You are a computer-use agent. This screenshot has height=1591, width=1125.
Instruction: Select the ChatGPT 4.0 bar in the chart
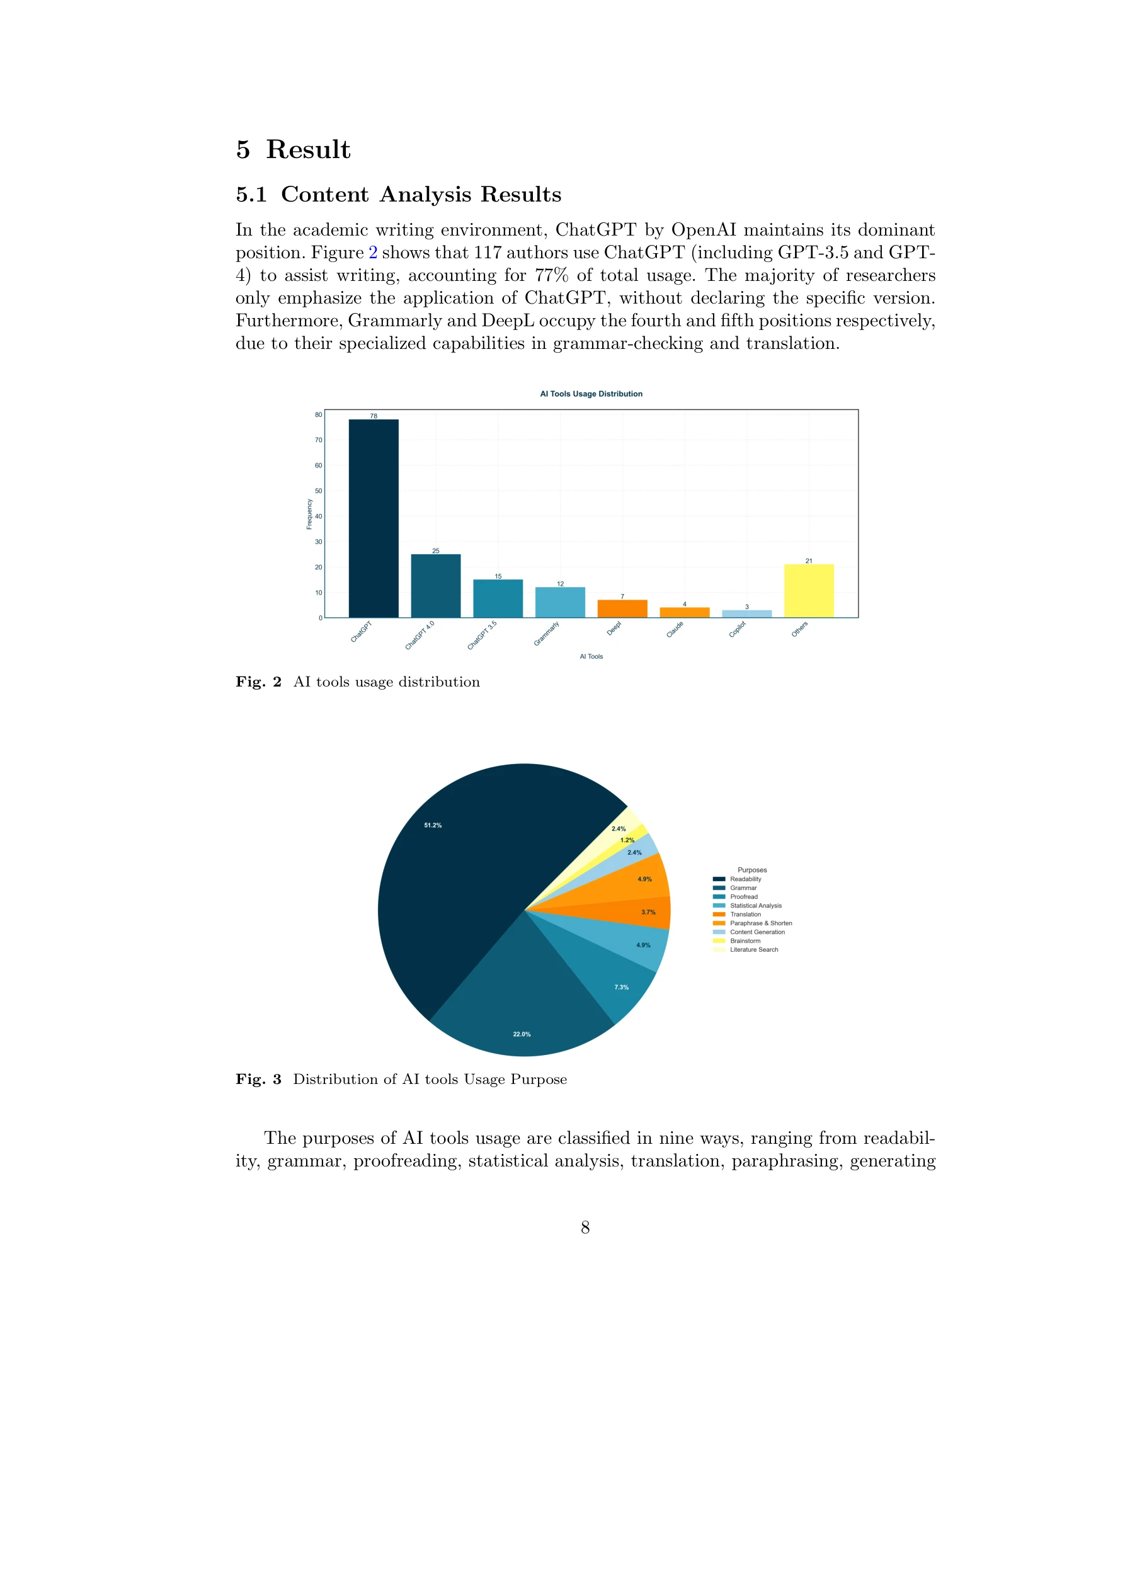click(x=435, y=586)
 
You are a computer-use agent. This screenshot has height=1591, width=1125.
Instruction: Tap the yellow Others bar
click(x=808, y=591)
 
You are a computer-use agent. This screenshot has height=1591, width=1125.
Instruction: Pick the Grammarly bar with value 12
click(x=560, y=602)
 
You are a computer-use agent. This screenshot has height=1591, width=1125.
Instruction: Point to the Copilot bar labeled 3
click(x=746, y=614)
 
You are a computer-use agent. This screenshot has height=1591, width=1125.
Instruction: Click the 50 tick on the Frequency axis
click(x=318, y=491)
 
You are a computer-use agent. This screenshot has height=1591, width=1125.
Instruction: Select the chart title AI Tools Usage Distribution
click(x=591, y=394)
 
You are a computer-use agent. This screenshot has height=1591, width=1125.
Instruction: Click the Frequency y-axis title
click(x=309, y=514)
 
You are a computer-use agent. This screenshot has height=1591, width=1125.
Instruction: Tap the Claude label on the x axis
click(x=675, y=630)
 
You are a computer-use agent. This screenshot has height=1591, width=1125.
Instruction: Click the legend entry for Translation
click(x=745, y=914)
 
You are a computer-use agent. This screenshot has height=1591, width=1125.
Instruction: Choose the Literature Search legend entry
click(x=753, y=949)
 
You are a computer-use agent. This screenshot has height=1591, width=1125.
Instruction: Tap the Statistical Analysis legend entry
click(x=755, y=906)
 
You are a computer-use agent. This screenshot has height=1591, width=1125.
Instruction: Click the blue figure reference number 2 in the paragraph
click(x=373, y=252)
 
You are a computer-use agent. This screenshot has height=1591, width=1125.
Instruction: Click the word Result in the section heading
click(x=308, y=150)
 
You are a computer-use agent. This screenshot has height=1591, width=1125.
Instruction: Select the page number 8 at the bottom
click(x=585, y=1227)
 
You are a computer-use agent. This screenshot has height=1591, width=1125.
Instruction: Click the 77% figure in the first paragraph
click(x=551, y=275)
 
